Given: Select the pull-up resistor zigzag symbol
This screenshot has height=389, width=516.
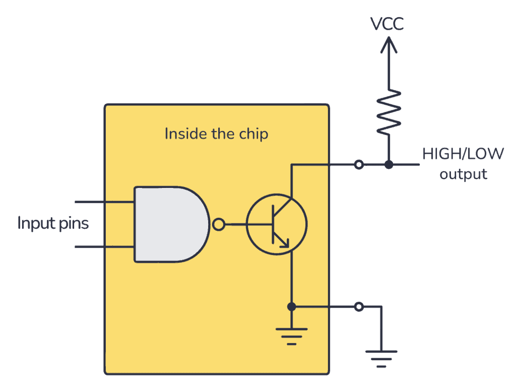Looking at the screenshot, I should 388,112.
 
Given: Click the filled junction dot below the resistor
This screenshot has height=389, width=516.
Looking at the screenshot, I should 388,164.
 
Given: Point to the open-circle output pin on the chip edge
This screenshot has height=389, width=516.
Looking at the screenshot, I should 358,164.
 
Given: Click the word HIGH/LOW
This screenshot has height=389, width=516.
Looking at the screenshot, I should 462,154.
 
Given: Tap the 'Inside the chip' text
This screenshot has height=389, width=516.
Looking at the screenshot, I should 216,134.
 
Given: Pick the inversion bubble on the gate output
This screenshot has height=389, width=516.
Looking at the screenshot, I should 218,224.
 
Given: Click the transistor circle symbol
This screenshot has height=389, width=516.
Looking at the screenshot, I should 276,224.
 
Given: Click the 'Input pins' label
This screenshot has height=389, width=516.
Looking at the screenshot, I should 53,223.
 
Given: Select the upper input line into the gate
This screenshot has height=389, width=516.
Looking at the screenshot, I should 104,202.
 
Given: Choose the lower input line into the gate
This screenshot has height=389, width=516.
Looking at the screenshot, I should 104,247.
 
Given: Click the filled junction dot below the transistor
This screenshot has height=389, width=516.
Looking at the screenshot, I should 291,306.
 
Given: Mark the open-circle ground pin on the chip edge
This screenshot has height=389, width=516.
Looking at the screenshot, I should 358,306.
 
